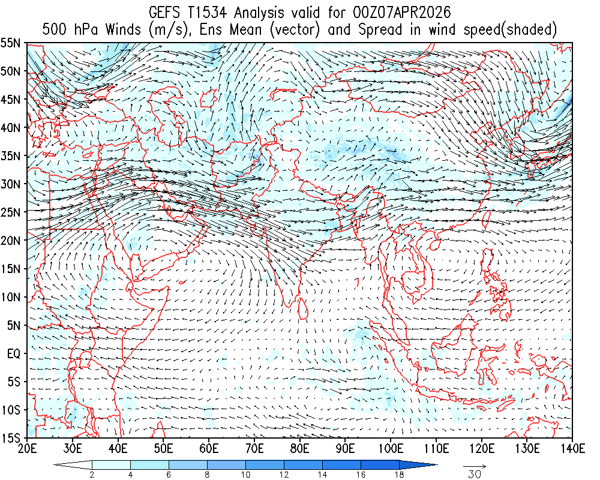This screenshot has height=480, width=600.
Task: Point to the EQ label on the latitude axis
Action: (x=14, y=353)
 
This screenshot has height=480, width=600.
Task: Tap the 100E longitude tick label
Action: (x=391, y=448)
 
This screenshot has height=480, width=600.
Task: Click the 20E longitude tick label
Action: (x=27, y=448)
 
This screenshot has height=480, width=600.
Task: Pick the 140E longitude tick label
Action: (x=572, y=448)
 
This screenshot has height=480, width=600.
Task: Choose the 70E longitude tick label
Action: (x=254, y=448)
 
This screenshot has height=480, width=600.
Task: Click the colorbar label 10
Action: (x=245, y=475)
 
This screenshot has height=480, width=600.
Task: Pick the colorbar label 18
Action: (x=399, y=475)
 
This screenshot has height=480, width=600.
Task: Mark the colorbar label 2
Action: (x=92, y=475)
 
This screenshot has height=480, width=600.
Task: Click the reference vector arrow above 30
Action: (x=474, y=465)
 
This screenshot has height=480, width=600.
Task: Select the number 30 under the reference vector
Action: (x=474, y=475)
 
